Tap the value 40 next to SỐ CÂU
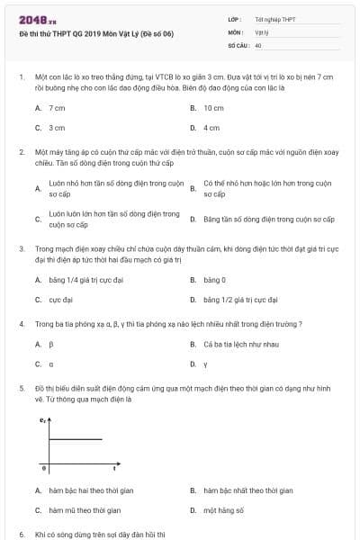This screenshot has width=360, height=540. coord(258,44)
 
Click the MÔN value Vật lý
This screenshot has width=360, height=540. coord(263,31)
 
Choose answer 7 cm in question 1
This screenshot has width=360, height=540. coord(57,108)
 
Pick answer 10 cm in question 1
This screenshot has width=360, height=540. coord(213,108)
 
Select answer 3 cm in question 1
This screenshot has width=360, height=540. coord(57,128)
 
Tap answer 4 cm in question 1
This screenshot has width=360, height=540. coord(211,128)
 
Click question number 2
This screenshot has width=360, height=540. coord(21,153)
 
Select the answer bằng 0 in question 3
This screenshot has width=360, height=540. coord(214,280)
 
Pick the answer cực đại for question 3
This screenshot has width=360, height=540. coord(61,300)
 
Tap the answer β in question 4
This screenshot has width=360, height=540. coord(51,344)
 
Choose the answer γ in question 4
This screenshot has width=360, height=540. coord(205,364)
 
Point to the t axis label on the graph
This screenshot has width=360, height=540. coord(114,469)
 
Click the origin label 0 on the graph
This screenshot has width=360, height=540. coord(44,469)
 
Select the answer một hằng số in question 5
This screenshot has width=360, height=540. coord(223,509)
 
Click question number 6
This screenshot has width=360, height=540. coord(21,534)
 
